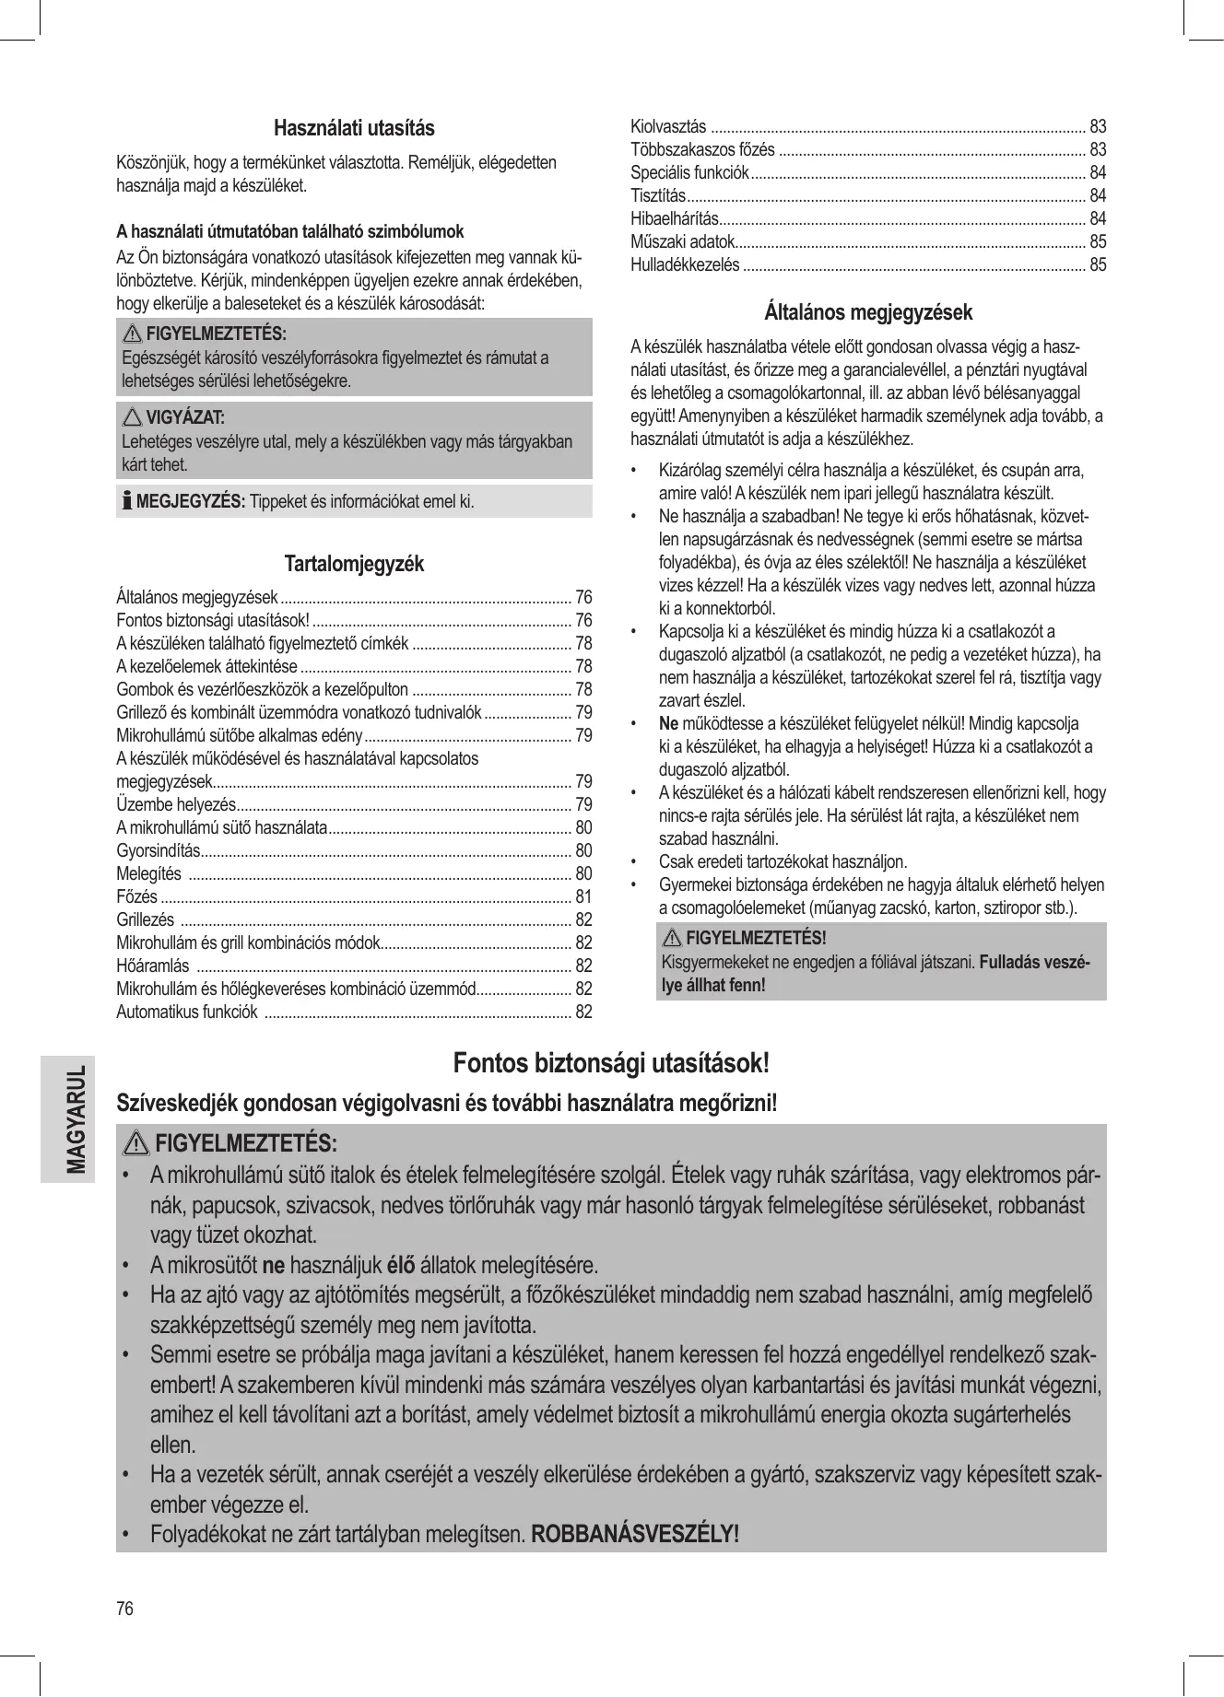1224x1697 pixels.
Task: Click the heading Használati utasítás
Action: click(354, 127)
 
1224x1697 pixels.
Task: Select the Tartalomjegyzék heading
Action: click(354, 564)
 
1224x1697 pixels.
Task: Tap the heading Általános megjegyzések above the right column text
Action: click(868, 312)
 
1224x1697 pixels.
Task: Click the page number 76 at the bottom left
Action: click(124, 1609)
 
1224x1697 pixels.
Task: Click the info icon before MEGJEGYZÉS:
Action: click(127, 502)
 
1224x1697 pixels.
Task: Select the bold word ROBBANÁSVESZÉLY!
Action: click(636, 1534)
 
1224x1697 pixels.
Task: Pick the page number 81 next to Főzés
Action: click(583, 896)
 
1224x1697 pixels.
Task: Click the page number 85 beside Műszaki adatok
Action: click(1098, 242)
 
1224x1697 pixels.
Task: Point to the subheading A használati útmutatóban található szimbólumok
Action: click(289, 231)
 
